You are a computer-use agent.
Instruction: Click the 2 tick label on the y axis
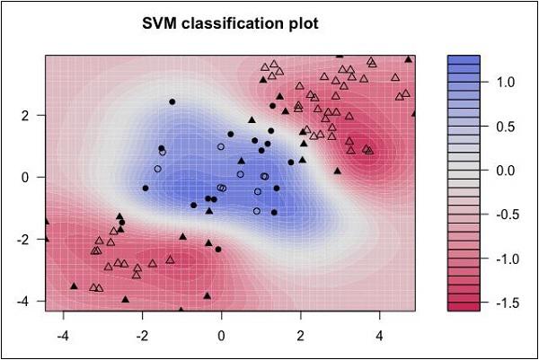point(26,115)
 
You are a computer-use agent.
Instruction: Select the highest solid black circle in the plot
point(172,101)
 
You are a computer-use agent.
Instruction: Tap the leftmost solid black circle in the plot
point(146,188)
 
